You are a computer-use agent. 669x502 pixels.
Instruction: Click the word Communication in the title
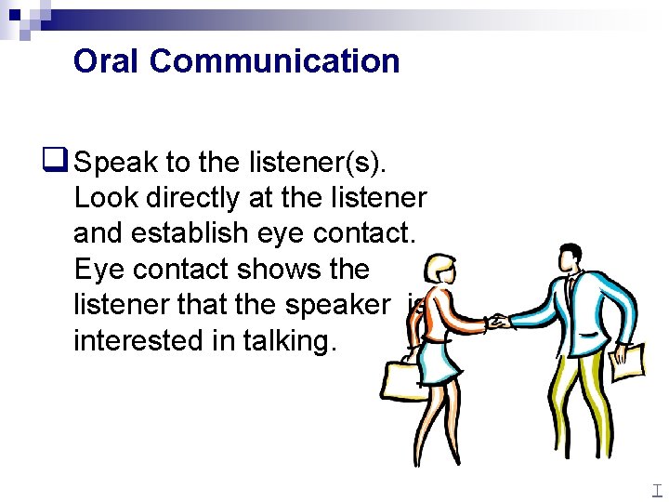274,61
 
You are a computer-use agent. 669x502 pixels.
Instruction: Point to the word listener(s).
316,164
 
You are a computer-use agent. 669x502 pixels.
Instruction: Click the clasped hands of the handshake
500,323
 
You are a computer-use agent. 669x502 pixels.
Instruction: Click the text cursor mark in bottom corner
657,490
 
